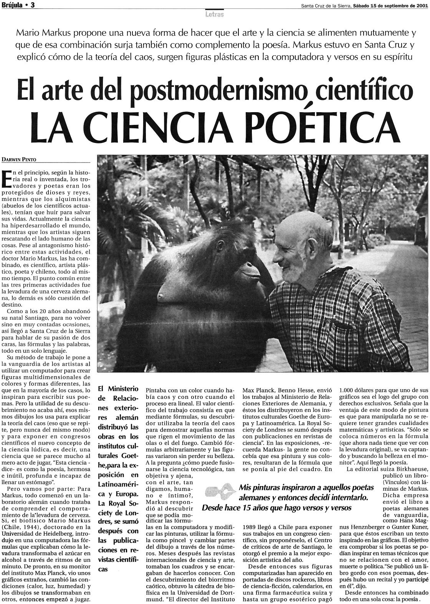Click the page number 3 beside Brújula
tap(33, 5)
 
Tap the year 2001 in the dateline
tap(421, 5)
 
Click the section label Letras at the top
tap(215, 15)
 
